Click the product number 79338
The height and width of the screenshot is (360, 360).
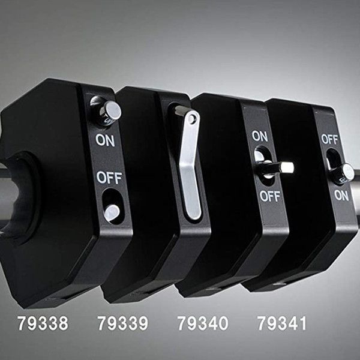click(43, 323)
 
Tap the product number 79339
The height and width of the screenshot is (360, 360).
click(123, 323)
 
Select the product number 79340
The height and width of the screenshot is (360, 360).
click(203, 323)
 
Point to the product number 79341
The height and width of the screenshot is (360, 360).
click(282, 323)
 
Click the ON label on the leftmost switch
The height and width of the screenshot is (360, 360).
click(105, 140)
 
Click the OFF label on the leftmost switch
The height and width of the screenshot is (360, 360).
click(109, 178)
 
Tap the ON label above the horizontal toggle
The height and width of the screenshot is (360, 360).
click(260, 136)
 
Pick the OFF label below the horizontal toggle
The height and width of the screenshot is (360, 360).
click(270, 197)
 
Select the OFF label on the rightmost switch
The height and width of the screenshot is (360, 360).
click(329, 139)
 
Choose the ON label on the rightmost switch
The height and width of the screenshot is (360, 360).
click(341, 196)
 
